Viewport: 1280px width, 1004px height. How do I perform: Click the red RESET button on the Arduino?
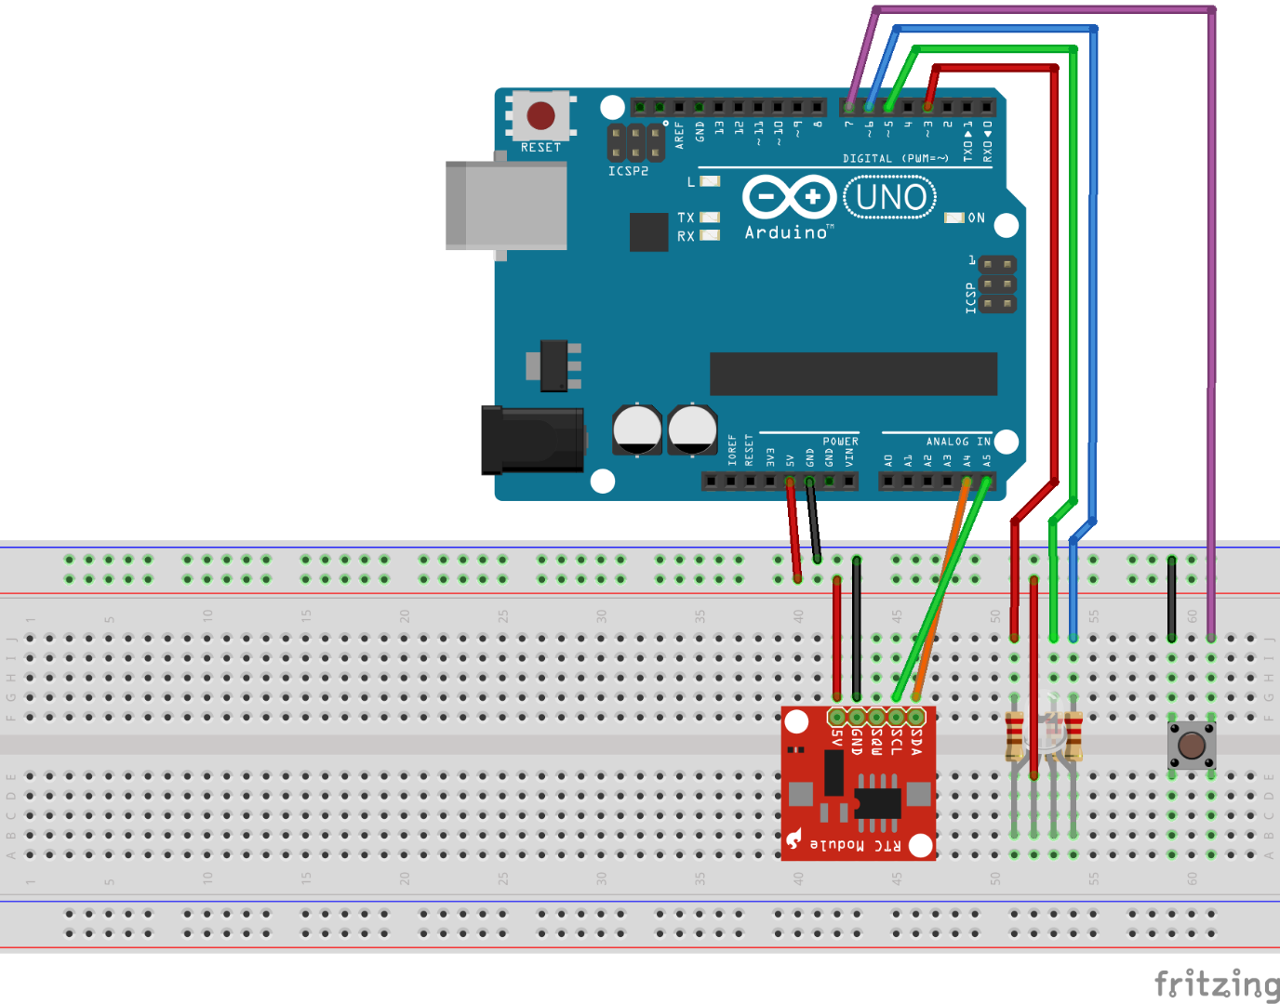pyautogui.click(x=540, y=116)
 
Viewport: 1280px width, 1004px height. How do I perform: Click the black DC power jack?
pyautogui.click(x=531, y=440)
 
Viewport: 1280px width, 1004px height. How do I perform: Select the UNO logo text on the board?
pyautogui.click(x=889, y=197)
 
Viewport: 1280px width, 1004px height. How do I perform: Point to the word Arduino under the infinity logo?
pyautogui.click(x=786, y=232)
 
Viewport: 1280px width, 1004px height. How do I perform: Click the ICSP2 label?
pyautogui.click(x=628, y=171)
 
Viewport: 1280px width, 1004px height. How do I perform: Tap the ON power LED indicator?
pyautogui.click(x=954, y=218)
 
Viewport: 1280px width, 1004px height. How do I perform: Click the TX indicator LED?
pyautogui.click(x=710, y=218)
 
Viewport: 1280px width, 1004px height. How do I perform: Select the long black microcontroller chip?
pyautogui.click(x=853, y=374)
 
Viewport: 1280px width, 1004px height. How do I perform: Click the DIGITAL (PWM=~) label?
pyautogui.click(x=895, y=159)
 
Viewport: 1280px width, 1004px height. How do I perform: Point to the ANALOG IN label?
pyautogui.click(x=958, y=442)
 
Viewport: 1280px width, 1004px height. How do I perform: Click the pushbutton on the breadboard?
pyautogui.click(x=1192, y=745)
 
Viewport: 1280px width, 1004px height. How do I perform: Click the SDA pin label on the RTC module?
pyautogui.click(x=916, y=741)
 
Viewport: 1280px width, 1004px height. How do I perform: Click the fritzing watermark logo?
pyautogui.click(x=1216, y=984)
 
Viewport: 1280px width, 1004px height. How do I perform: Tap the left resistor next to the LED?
pyautogui.click(x=1015, y=736)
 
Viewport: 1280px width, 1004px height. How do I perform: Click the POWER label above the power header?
pyautogui.click(x=840, y=442)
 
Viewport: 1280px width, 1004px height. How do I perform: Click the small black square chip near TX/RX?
pyautogui.click(x=648, y=231)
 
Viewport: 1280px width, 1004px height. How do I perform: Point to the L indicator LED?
pyautogui.click(x=710, y=181)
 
